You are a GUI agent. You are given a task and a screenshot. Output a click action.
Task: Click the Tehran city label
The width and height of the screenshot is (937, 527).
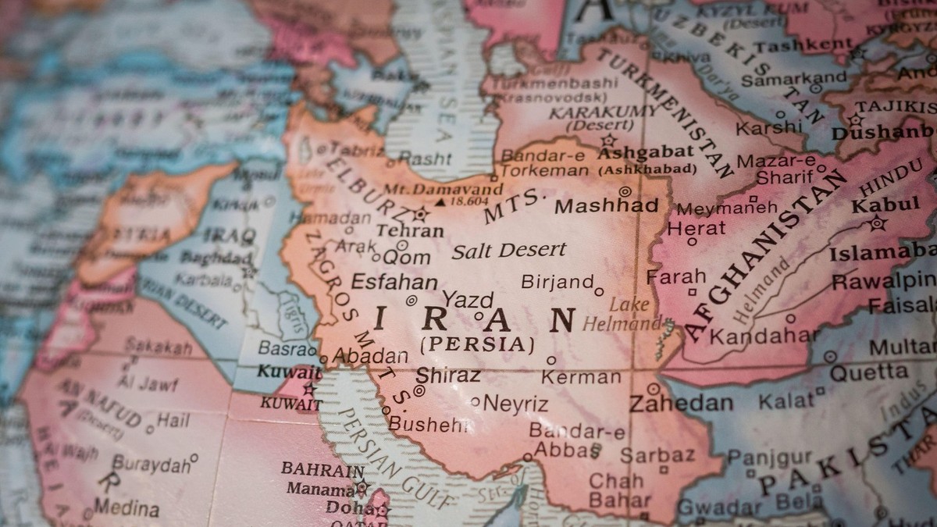pyautogui.click(x=409, y=231)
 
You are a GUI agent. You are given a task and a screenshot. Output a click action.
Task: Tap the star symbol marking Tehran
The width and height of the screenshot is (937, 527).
pyautogui.click(x=421, y=213)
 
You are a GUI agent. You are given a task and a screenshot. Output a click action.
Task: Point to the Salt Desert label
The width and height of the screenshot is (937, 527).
pyautogui.click(x=508, y=251)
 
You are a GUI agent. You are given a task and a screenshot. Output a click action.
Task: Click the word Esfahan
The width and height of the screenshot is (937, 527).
pyautogui.click(x=394, y=282)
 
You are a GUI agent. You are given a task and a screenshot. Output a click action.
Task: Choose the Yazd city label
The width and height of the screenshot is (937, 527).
pyautogui.click(x=468, y=300)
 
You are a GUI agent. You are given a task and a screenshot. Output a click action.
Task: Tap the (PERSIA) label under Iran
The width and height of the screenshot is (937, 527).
pyautogui.click(x=477, y=344)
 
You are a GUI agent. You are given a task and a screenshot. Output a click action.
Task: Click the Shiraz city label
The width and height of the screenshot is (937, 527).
pyautogui.click(x=448, y=376)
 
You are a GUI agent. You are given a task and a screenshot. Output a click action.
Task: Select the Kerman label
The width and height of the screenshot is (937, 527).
pyautogui.click(x=581, y=377)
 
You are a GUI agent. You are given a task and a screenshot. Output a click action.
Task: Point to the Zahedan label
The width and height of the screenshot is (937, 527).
pyautogui.click(x=681, y=403)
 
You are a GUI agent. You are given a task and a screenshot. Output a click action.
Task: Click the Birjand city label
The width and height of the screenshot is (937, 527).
pyautogui.click(x=557, y=281)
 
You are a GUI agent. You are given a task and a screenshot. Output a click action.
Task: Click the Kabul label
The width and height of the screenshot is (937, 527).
pyautogui.click(x=885, y=205)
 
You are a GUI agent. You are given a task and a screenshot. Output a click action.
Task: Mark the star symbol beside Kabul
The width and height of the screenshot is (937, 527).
pyautogui.click(x=878, y=223)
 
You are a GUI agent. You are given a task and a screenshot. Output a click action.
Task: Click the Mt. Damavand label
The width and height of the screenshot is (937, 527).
pyautogui.click(x=457, y=190)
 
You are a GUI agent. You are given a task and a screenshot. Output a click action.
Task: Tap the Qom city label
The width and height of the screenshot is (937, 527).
pyautogui.click(x=406, y=256)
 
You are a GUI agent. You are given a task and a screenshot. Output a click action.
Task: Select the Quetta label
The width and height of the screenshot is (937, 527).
pyautogui.click(x=868, y=372)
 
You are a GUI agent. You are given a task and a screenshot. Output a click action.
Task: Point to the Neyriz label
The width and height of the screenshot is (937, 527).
pyautogui.click(x=515, y=404)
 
